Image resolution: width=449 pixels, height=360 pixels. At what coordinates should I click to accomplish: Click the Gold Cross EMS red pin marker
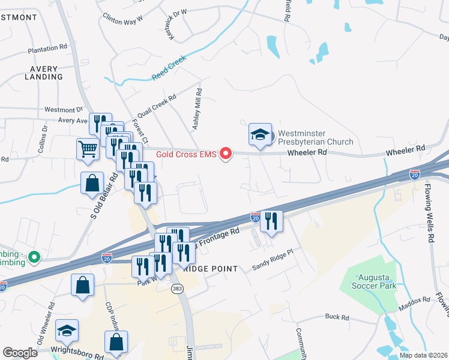(226, 154)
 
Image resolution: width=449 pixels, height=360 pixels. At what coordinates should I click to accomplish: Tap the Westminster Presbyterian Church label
(314, 137)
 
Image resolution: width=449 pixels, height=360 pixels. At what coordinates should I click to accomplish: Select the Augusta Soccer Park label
(377, 281)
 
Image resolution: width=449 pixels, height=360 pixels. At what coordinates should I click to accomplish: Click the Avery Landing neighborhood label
(43, 73)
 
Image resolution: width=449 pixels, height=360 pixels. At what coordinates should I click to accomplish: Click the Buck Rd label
(337, 317)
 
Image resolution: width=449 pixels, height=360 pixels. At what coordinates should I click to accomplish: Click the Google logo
(20, 353)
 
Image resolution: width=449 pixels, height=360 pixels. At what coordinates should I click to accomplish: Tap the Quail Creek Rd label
(156, 106)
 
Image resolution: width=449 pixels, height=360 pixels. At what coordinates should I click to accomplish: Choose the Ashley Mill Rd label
(197, 109)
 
